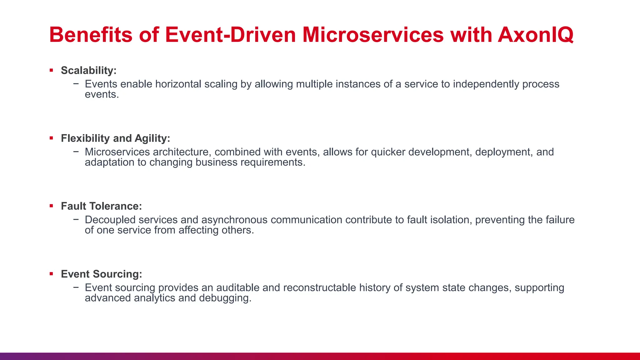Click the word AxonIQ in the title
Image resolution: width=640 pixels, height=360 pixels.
click(536, 35)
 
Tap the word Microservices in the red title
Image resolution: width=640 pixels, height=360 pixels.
click(373, 35)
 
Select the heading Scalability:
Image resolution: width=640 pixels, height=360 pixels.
click(88, 70)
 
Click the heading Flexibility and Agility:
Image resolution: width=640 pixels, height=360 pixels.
click(115, 138)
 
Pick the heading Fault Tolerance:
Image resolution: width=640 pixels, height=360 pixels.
click(101, 206)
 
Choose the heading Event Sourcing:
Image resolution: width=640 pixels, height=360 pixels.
click(101, 274)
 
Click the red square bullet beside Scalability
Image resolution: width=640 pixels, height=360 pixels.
click(51, 70)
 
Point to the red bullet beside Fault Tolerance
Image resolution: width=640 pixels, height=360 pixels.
click(51, 206)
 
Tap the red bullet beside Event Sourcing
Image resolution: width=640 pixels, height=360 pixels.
click(51, 274)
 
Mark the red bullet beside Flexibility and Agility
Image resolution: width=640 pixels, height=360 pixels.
click(51, 138)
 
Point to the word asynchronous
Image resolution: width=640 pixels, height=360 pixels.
click(234, 220)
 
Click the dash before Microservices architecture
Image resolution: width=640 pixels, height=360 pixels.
click(76, 152)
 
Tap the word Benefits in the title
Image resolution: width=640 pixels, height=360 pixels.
click(91, 35)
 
